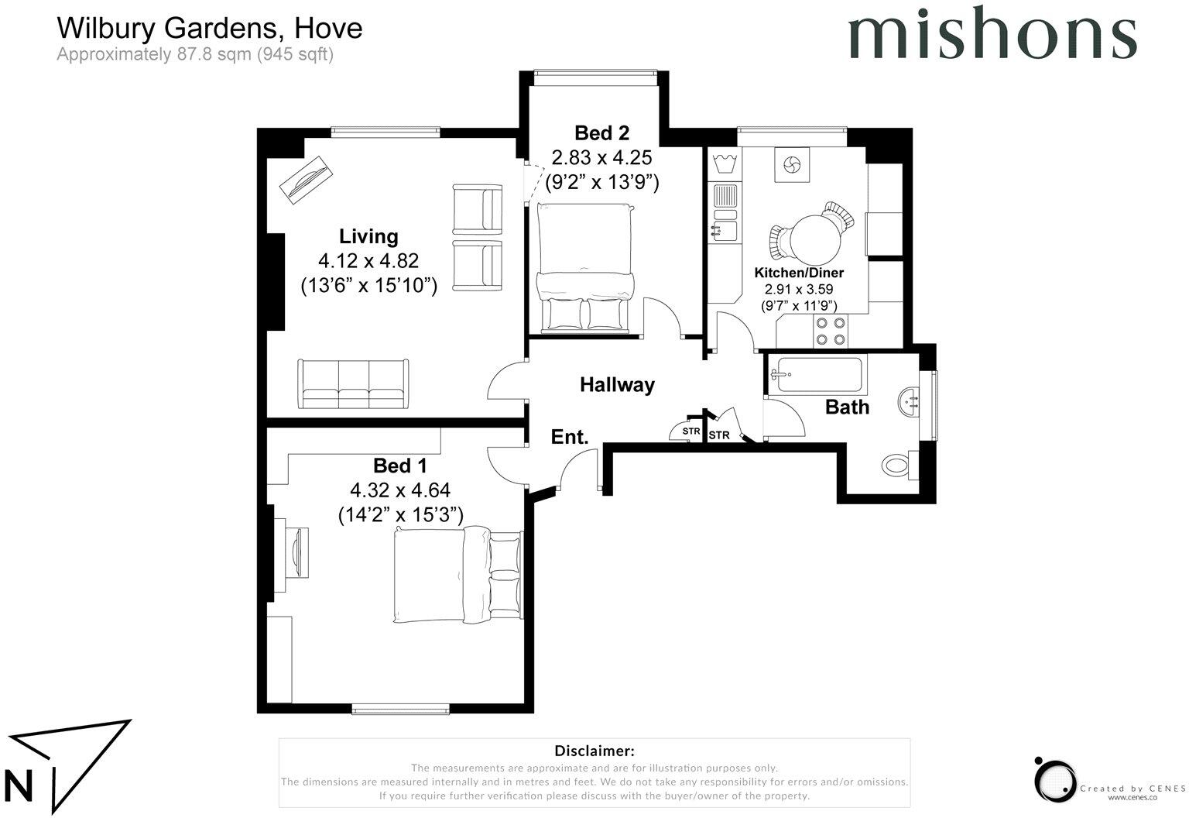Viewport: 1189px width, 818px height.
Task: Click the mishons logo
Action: tap(992, 33)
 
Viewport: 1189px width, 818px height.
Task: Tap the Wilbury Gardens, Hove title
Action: tap(209, 29)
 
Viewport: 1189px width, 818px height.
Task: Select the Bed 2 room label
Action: tap(601, 133)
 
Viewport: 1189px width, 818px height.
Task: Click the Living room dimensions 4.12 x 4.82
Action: tap(368, 261)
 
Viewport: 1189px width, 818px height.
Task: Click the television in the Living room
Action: tap(303, 180)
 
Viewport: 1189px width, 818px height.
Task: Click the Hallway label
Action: tap(617, 384)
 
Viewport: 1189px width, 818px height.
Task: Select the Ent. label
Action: tap(569, 437)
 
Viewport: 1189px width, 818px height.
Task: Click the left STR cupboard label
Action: tap(690, 431)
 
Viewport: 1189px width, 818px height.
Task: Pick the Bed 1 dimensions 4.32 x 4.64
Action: tap(399, 490)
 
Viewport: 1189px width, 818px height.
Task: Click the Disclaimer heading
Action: tap(594, 751)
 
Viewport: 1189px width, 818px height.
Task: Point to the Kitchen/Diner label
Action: tap(799, 273)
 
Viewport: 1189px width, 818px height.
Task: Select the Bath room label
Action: tap(847, 407)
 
